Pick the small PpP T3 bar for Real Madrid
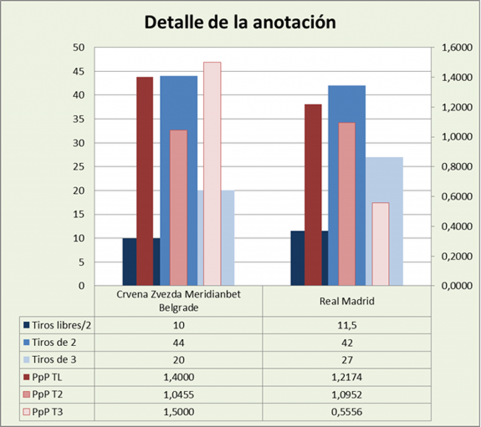pos(380,244)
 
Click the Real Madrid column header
pos(347,301)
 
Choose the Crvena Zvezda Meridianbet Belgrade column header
pos(178,301)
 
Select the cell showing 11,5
pos(347,325)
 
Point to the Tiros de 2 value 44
pos(178,342)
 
